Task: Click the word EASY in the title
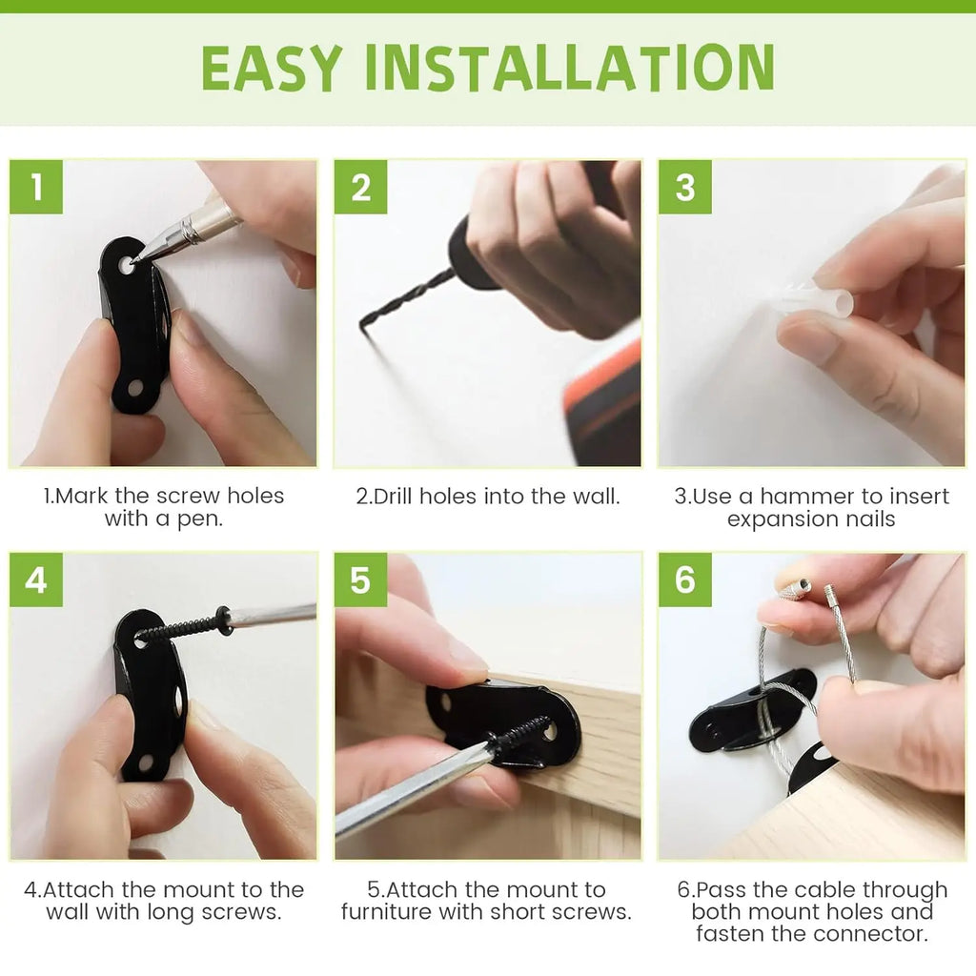tap(272, 68)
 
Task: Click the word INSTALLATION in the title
tap(569, 68)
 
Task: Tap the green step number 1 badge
tap(36, 187)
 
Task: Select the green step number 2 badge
tap(360, 187)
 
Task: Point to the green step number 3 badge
tap(684, 187)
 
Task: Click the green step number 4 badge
tap(36, 579)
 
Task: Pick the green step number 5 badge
tap(360, 579)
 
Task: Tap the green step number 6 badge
tap(684, 579)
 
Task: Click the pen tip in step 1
tap(135, 258)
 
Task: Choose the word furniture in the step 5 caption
tap(392, 912)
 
